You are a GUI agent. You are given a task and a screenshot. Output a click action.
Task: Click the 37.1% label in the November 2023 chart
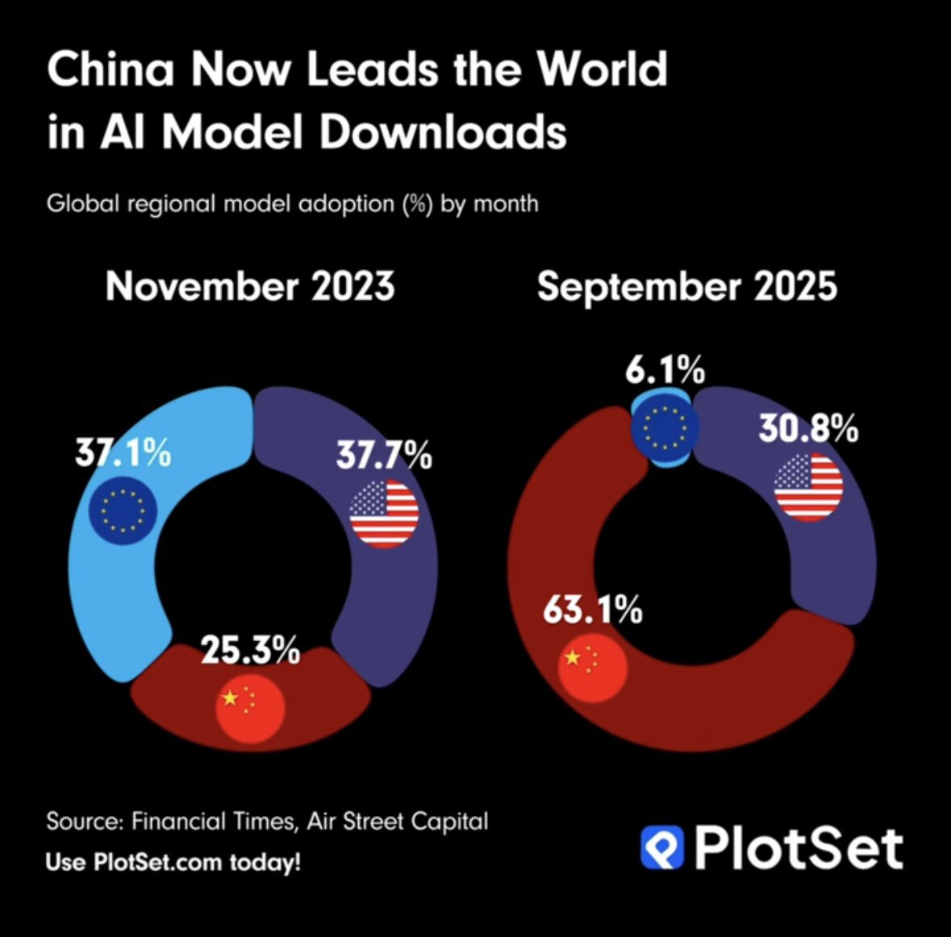pos(123,453)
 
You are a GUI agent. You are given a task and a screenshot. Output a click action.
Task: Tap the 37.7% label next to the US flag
pos(384,456)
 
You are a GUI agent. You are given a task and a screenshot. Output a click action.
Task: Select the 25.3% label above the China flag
pos(250,650)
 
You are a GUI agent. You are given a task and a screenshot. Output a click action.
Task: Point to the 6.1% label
pos(665,370)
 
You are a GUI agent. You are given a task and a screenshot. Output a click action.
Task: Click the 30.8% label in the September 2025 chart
pos(808,429)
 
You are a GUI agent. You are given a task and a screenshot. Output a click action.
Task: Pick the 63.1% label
pos(593,610)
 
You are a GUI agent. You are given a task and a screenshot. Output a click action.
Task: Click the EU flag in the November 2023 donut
pos(123,509)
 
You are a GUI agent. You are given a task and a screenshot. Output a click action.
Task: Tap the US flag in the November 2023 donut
pos(384,514)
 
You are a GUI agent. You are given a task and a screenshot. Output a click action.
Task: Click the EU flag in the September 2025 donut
pos(665,427)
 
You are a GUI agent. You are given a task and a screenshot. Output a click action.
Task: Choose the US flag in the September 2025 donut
pos(808,486)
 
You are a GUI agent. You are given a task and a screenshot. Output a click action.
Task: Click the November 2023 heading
pos(250,286)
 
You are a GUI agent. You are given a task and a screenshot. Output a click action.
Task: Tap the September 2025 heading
pos(687,286)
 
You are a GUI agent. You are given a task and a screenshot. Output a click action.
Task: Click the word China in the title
pos(111,69)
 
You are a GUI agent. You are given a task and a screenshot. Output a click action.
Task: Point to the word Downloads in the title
pos(443,131)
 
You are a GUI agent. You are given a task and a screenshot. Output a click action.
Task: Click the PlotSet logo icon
pos(662,847)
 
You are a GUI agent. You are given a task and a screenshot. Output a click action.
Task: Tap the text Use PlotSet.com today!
pos(173,861)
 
